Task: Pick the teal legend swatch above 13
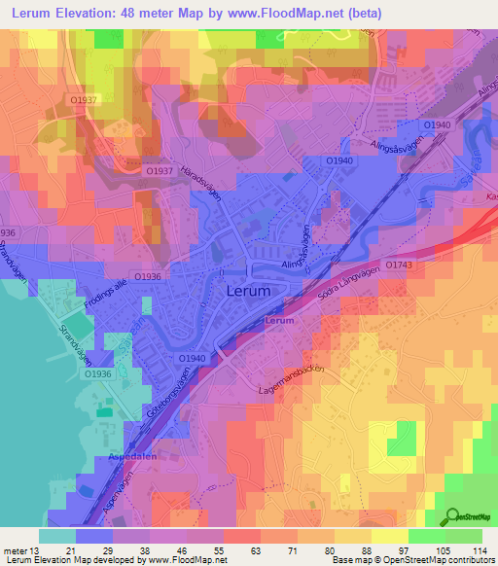click(57, 536)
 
